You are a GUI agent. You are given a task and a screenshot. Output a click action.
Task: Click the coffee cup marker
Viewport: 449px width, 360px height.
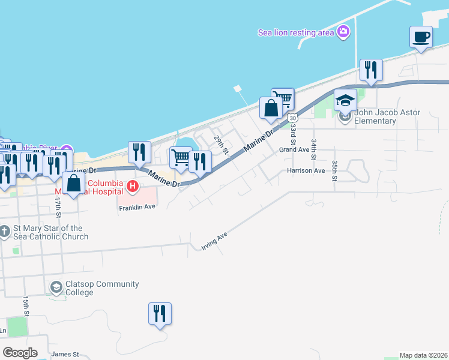pyautogui.click(x=421, y=38)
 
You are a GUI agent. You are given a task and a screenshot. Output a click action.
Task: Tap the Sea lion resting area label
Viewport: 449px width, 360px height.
pyautogui.click(x=295, y=32)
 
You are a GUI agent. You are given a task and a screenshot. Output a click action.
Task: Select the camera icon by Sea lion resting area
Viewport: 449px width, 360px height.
pyautogui.click(x=343, y=32)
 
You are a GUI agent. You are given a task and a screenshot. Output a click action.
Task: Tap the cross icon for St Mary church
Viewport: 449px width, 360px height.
pyautogui.click(x=5, y=232)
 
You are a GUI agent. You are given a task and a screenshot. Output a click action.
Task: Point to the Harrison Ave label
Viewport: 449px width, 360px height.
pyautogui.click(x=306, y=170)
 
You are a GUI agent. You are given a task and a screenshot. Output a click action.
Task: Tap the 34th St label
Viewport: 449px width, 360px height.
pyautogui.click(x=313, y=149)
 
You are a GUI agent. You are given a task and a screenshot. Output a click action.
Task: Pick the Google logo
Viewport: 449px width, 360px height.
pyautogui.click(x=19, y=353)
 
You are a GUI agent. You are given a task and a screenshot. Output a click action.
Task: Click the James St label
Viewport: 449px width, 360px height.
pyautogui.click(x=65, y=354)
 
